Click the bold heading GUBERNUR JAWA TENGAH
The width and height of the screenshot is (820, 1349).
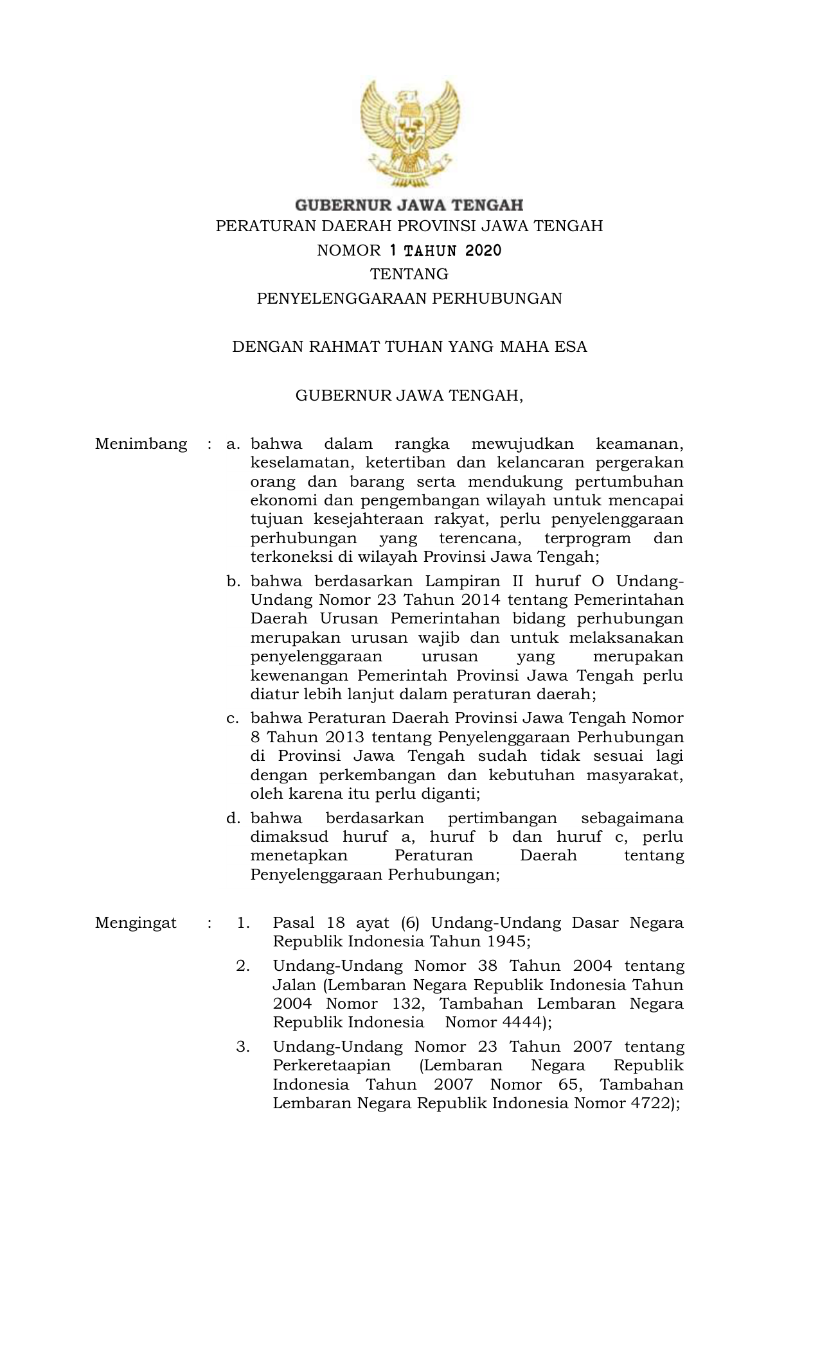[409, 205]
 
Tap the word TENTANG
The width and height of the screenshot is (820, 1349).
[409, 274]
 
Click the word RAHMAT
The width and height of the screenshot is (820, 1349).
[344, 347]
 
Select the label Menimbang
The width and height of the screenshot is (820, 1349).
[141, 444]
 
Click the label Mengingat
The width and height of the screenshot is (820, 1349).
[136, 923]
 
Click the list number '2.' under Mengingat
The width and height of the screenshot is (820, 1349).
[243, 966]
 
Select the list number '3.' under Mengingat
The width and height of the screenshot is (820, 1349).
[243, 1047]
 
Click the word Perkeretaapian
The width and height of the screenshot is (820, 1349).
[332, 1066]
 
